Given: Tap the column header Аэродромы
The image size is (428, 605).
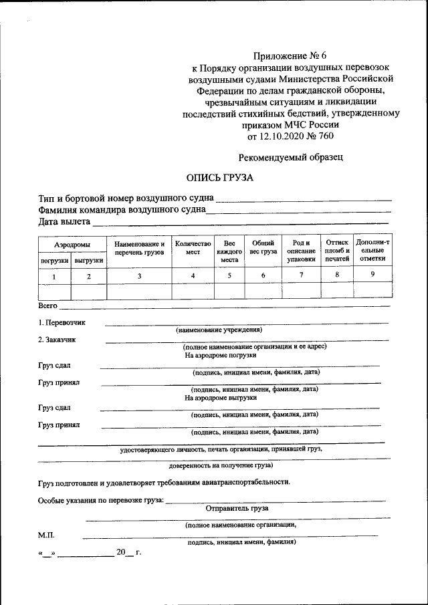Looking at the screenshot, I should tap(72, 245).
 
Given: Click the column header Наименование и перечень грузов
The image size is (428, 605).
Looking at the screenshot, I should tap(139, 249).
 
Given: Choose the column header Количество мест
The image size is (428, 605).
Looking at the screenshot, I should tap(193, 249).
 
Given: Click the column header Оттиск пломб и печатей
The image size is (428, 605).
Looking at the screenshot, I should tap(337, 249).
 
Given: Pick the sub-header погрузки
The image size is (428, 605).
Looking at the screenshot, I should tap(54, 261).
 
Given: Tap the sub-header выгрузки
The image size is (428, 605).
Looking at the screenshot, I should tap(89, 261).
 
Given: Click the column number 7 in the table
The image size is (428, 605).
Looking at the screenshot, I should tap(301, 275).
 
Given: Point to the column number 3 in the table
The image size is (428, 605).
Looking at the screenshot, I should tap(139, 276).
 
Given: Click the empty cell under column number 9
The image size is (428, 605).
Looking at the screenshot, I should tap(373, 291).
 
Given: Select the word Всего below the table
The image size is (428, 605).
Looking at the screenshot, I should tap(48, 306).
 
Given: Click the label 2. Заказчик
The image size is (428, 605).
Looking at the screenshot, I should tap(57, 339).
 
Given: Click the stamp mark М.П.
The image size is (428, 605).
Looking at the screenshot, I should tap(46, 535).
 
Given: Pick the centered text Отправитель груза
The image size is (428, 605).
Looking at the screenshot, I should tap(237, 508).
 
